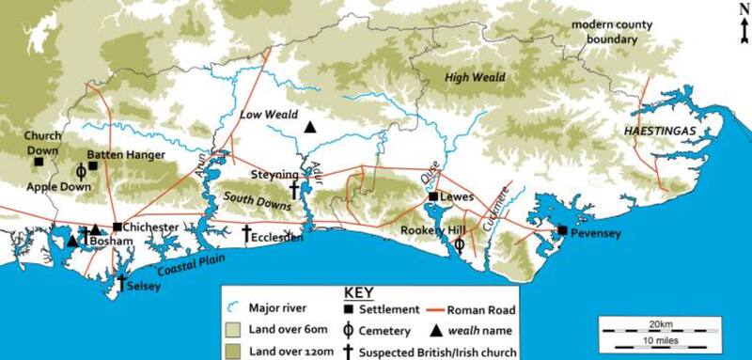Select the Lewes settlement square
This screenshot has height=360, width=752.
click(433, 197)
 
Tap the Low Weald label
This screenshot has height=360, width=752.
click(263, 115)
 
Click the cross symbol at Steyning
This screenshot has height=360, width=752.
click(294, 189)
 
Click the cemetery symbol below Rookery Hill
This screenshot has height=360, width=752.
click(459, 244)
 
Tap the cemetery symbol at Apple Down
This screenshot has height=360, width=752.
click(81, 172)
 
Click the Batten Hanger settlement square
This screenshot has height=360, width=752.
click(93, 165)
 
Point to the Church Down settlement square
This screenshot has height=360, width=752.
click(39, 162)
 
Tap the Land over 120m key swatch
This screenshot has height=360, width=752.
click(233, 349)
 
